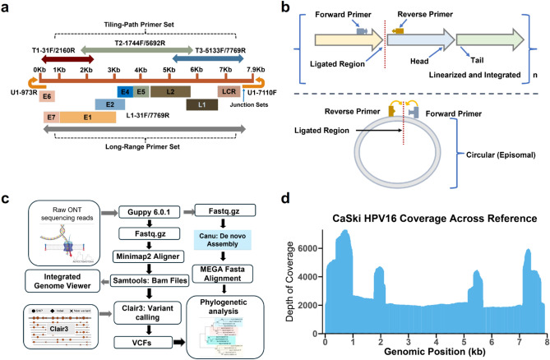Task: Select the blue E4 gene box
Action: click(x=126, y=91)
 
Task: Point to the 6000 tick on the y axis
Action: click(x=310, y=246)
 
